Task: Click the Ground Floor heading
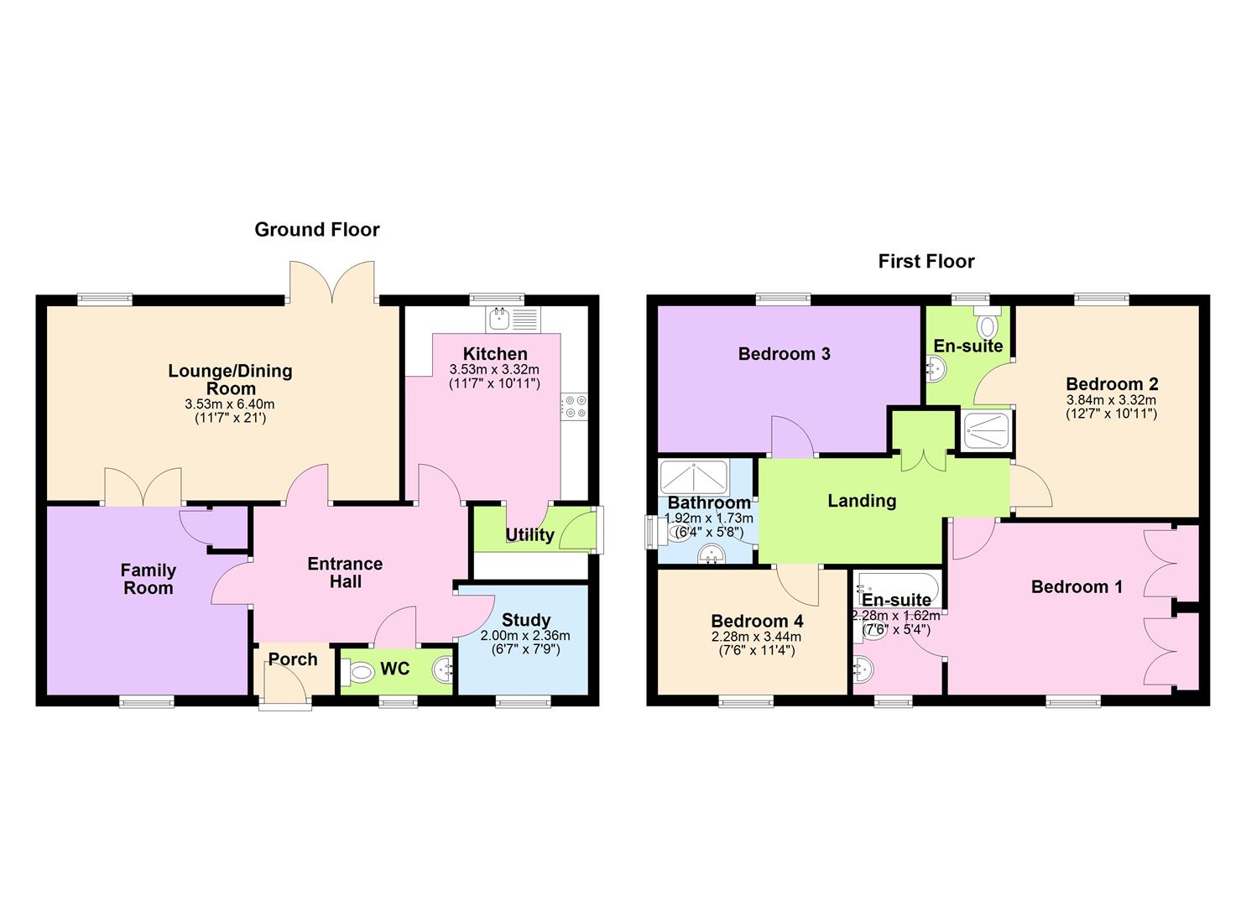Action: point(317,230)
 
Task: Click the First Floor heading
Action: point(926,262)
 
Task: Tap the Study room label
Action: point(525,620)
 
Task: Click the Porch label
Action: point(293,659)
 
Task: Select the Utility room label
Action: point(529,535)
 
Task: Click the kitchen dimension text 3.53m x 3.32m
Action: point(494,369)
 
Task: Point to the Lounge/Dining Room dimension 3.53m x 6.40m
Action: point(230,404)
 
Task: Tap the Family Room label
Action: point(149,579)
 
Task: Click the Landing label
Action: point(862,501)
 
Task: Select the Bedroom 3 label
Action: point(784,354)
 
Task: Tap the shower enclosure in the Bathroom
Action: point(693,478)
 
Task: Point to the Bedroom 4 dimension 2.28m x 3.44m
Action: point(757,637)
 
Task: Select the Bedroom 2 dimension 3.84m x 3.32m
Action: point(1111,400)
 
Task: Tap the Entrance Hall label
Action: point(345,573)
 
